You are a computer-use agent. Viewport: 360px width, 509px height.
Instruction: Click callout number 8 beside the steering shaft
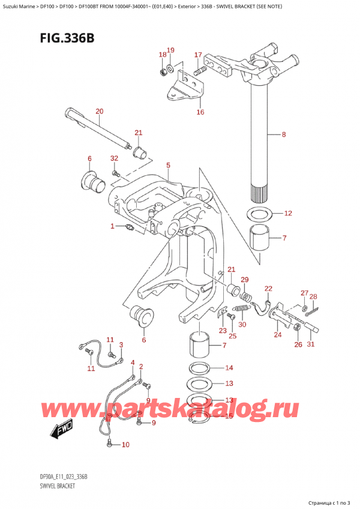click(x=284, y=135)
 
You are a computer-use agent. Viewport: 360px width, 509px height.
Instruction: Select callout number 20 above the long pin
click(x=100, y=111)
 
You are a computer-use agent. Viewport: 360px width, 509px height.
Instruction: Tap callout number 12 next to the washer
click(x=288, y=213)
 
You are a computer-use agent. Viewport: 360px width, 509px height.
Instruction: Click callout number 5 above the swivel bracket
click(x=168, y=165)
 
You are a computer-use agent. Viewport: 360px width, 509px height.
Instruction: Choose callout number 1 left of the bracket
click(x=112, y=226)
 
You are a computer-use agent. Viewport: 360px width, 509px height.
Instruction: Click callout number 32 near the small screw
click(x=114, y=158)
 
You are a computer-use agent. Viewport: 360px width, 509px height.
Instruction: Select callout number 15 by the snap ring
click(x=228, y=415)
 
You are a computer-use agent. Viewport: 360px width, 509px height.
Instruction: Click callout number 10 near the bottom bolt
click(x=125, y=445)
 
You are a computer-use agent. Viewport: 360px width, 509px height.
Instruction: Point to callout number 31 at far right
click(x=311, y=344)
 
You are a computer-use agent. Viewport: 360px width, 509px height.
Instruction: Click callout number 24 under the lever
click(x=277, y=335)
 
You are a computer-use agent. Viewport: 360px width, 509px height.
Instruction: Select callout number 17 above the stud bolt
click(x=197, y=55)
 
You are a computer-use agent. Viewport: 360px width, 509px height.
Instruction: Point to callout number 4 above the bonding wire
click(x=133, y=361)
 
